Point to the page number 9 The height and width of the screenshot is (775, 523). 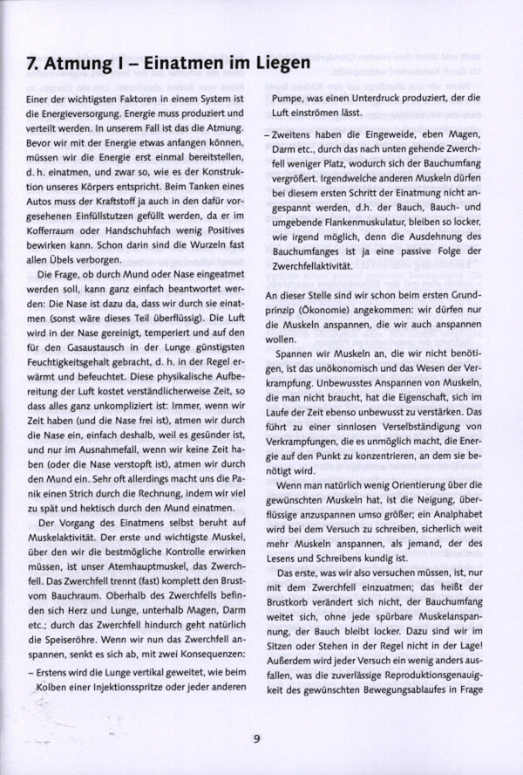tap(257, 739)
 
